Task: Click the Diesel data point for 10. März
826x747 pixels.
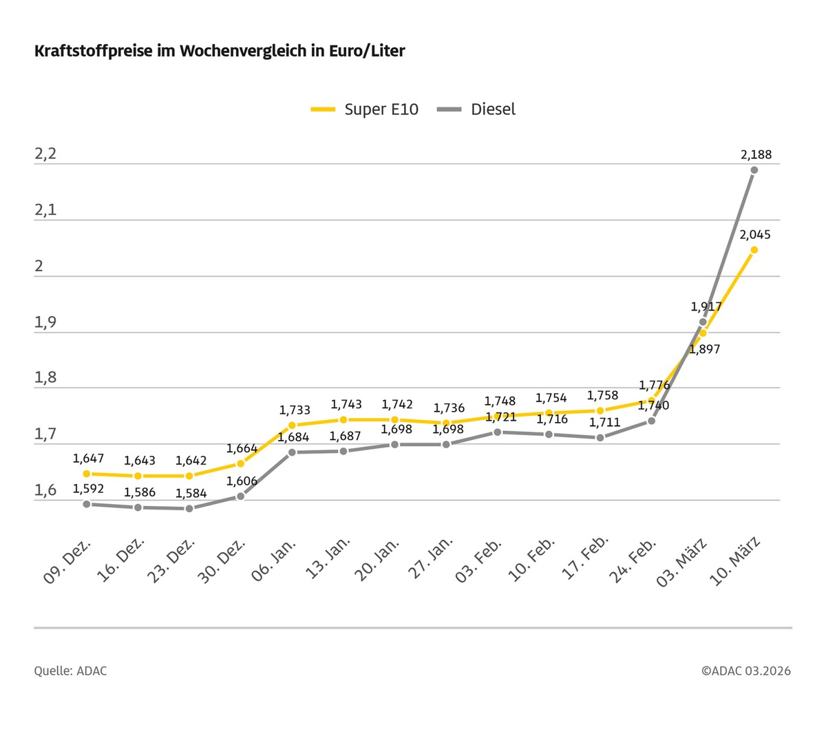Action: pos(754,170)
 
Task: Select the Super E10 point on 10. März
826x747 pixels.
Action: pos(754,250)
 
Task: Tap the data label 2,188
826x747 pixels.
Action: pos(756,155)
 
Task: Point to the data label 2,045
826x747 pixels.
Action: pos(755,235)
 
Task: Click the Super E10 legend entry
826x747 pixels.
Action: pos(365,109)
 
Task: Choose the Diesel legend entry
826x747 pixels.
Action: pos(477,109)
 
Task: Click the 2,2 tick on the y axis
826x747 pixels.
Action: pos(45,154)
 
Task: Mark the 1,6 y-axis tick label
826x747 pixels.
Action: pos(45,490)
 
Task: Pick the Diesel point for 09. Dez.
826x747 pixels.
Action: pos(87,504)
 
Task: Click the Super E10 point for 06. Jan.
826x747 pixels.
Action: pos(292,425)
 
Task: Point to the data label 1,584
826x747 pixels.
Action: pos(191,494)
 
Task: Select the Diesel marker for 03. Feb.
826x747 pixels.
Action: pos(497,432)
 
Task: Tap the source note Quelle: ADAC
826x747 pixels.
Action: pos(70,671)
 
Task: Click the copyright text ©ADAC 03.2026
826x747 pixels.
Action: pos(746,671)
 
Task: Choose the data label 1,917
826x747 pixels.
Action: pos(706,307)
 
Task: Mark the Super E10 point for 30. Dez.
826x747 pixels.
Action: pos(240,464)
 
